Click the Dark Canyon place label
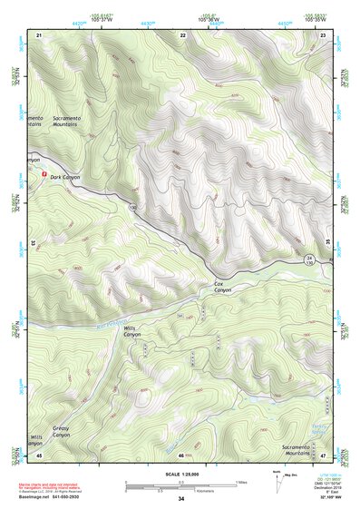65,178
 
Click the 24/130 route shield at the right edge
310,259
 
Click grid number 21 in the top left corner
39,34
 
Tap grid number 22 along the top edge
183,34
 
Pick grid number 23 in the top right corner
324,34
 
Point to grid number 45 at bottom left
39,455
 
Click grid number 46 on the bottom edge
181,455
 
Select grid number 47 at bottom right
324,455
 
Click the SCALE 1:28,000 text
180,474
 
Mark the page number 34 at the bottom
180,500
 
